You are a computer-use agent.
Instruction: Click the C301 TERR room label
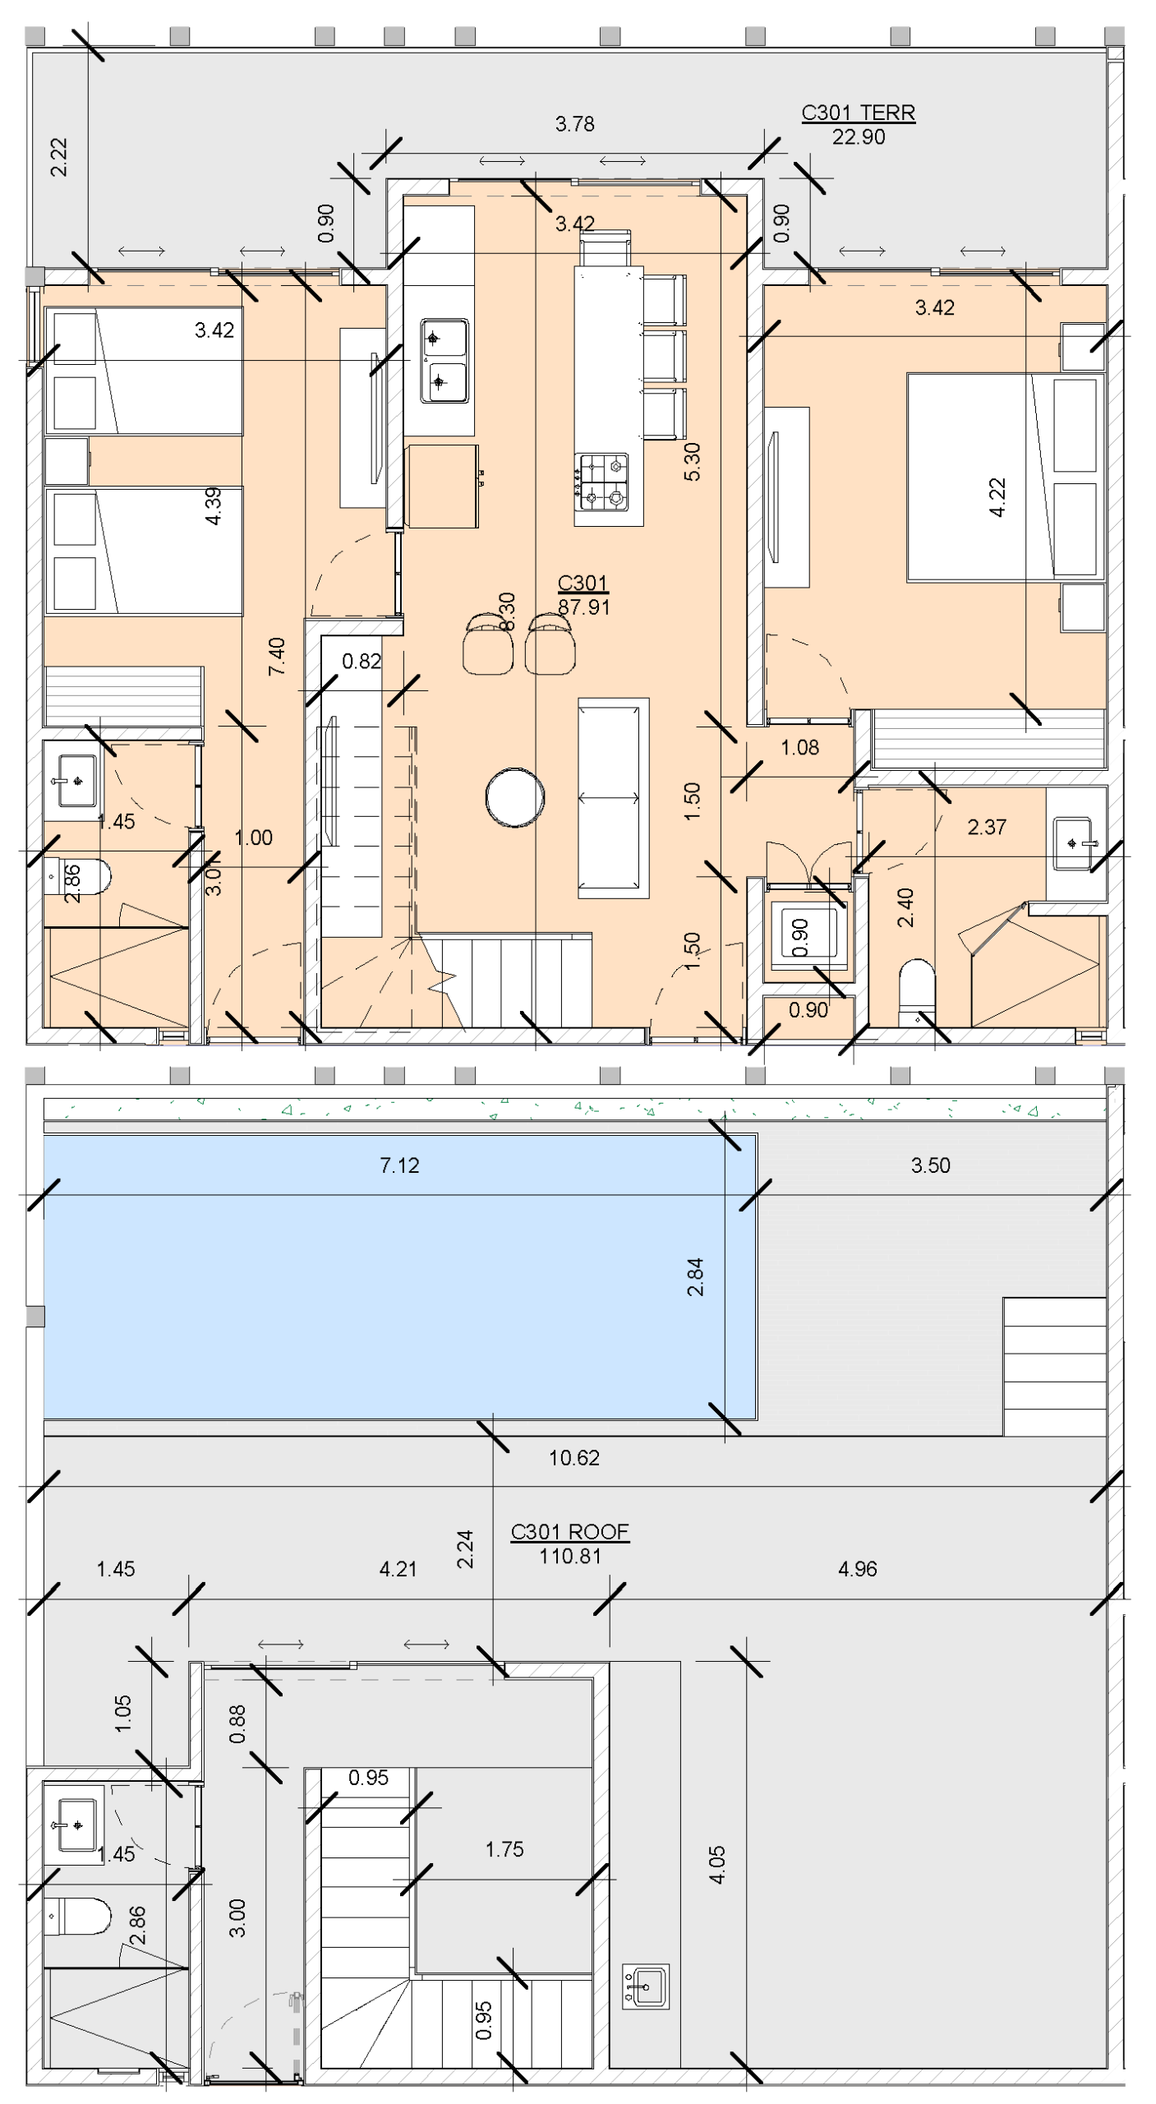click(x=858, y=113)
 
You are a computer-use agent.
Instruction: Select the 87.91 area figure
click(x=583, y=607)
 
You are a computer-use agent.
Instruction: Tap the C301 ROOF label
click(x=569, y=1532)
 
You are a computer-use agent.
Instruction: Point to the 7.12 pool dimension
click(x=399, y=1165)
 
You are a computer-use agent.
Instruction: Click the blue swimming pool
click(x=400, y=1276)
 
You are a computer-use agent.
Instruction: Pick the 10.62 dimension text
click(x=574, y=1458)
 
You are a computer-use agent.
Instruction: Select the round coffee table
click(x=515, y=796)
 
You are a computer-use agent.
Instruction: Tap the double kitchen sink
click(x=444, y=361)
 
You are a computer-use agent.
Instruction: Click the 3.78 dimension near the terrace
click(x=574, y=124)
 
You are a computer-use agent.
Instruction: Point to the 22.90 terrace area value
click(x=859, y=137)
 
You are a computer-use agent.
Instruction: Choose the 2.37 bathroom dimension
click(x=987, y=827)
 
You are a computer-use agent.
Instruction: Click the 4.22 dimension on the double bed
click(x=997, y=497)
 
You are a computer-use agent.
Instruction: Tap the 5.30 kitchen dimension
click(x=692, y=461)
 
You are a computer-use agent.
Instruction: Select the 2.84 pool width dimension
click(x=695, y=1276)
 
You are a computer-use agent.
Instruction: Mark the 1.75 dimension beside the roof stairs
click(x=504, y=1849)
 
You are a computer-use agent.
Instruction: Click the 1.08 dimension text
click(x=799, y=747)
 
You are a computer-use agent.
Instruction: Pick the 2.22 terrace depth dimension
click(x=59, y=157)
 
